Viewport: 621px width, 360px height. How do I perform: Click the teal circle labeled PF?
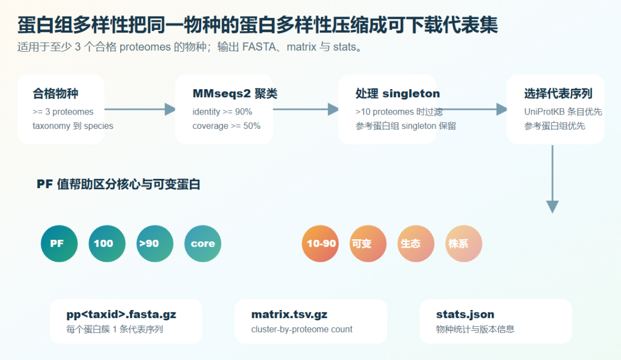coord(59,244)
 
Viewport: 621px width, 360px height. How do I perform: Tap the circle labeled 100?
coord(107,244)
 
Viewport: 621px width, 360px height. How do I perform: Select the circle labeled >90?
coord(155,244)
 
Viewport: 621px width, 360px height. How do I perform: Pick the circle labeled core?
coord(203,244)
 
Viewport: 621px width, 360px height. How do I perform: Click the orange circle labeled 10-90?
coord(320,244)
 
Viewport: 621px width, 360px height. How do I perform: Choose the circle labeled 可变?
coord(368,244)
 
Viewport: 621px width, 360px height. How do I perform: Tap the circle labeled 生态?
coord(416,244)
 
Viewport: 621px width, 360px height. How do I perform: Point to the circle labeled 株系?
coord(464,244)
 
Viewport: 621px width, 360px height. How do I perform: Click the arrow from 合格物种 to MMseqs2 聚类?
coord(140,109)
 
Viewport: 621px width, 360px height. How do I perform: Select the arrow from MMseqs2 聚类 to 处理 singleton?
coord(306,109)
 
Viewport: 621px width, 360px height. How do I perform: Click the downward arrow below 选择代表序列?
coord(553,179)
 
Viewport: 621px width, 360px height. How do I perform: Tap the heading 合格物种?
coord(55,94)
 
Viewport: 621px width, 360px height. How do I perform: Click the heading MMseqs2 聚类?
coord(235,94)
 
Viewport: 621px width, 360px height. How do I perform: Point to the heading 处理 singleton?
coord(398,94)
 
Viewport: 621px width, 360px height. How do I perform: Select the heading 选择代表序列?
coord(558,94)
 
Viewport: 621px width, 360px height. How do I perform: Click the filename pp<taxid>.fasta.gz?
coord(121,315)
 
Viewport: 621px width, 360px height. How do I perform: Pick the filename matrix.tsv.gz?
coord(289,315)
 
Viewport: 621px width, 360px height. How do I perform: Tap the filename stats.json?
coord(465,315)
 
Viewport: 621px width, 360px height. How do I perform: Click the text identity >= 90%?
coord(222,112)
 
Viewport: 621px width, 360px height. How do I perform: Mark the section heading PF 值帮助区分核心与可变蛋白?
coord(118,184)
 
